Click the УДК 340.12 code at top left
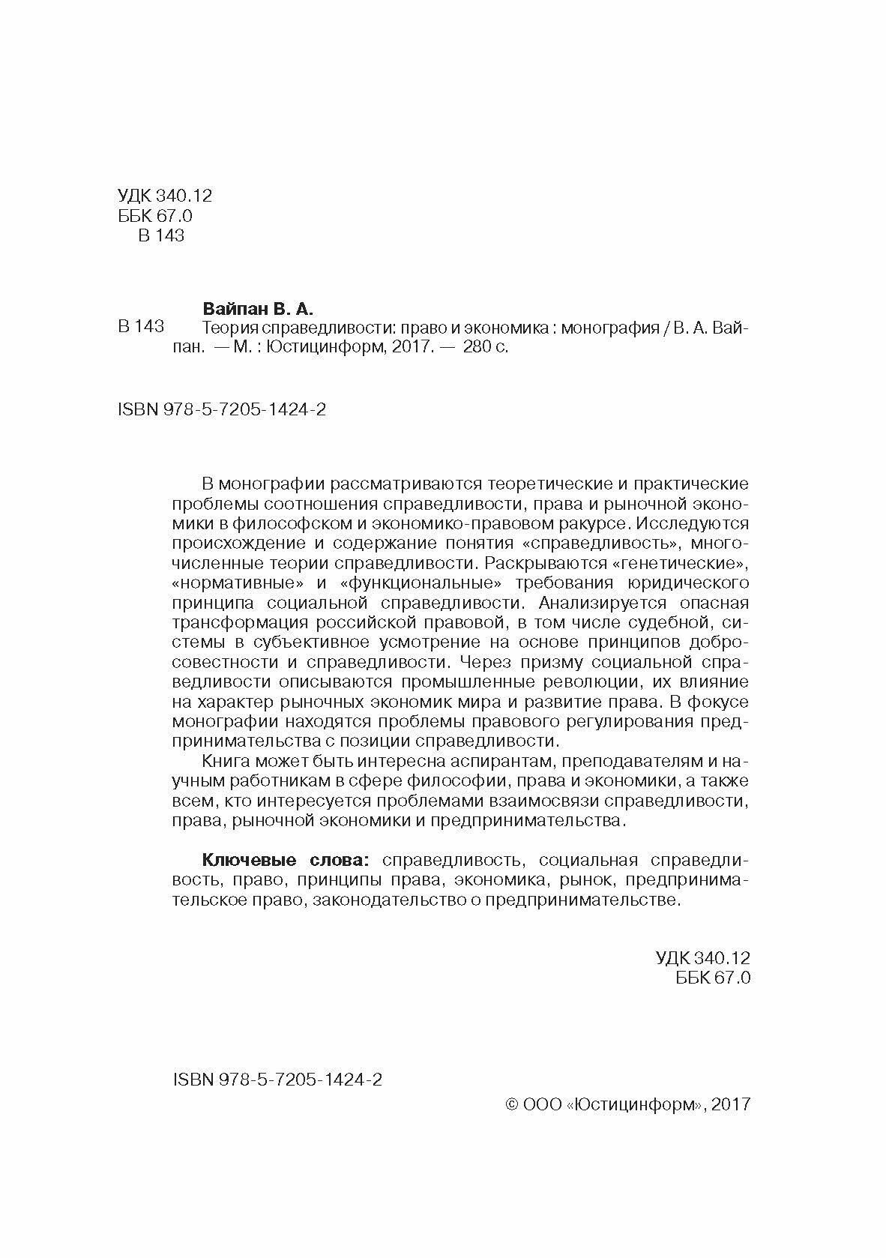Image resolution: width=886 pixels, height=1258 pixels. (x=165, y=196)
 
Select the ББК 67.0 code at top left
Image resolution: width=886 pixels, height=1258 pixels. (x=155, y=216)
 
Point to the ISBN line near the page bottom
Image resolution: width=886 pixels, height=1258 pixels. (x=277, y=1079)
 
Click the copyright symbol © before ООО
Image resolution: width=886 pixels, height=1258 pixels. (x=513, y=1104)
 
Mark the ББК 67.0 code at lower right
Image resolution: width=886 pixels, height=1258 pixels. (x=712, y=978)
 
